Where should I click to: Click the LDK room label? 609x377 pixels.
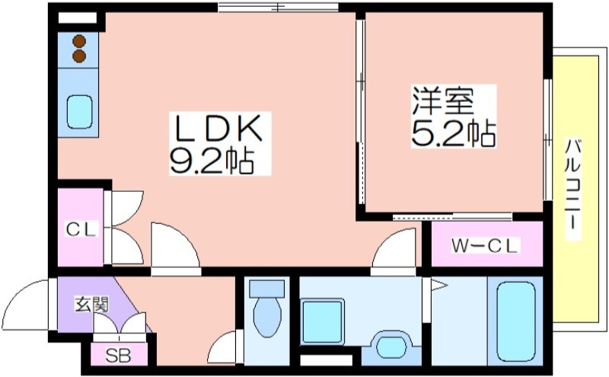click(x=218, y=128)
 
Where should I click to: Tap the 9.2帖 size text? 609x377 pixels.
click(x=212, y=160)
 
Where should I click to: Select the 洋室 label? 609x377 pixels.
click(x=443, y=101)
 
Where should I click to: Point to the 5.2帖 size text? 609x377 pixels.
click(x=453, y=133)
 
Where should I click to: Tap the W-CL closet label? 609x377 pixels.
click(x=485, y=246)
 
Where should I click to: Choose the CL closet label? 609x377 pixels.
click(x=81, y=229)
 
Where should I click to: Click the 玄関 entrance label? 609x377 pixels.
click(x=91, y=305)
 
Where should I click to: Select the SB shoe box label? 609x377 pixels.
click(x=119, y=355)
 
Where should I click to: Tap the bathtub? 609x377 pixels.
click(x=516, y=321)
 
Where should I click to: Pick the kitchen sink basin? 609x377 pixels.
click(x=80, y=111)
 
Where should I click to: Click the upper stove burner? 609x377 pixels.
click(x=79, y=41)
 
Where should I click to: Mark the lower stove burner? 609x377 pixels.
click(x=79, y=56)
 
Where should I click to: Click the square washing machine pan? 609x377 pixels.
click(x=322, y=321)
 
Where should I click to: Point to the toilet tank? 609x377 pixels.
click(x=267, y=289)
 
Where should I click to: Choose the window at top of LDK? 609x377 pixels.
click(x=278, y=7)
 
